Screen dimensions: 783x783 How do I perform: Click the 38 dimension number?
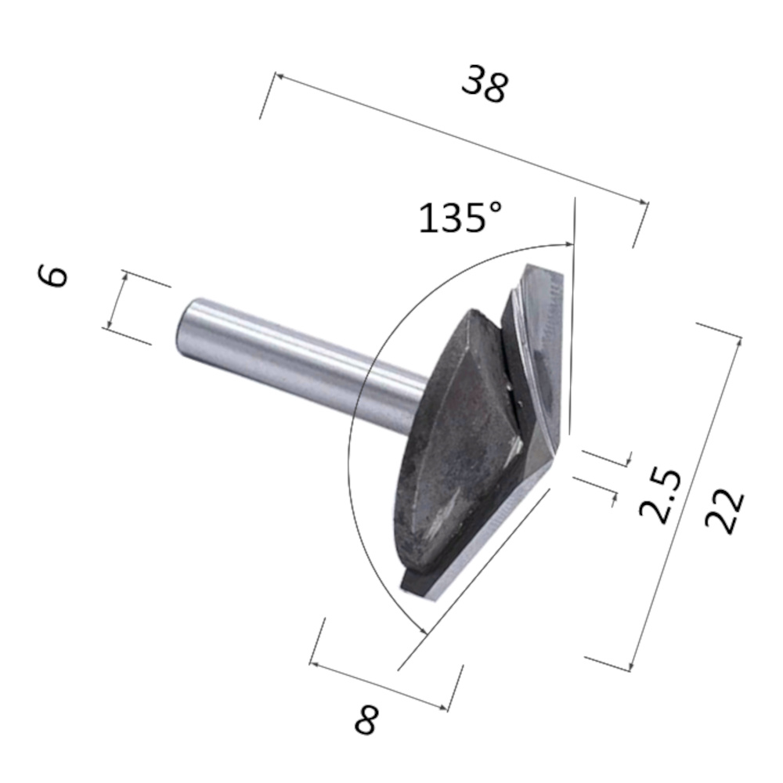(x=485, y=85)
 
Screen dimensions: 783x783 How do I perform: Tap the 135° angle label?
(x=460, y=217)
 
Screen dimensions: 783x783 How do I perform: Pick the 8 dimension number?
(x=366, y=719)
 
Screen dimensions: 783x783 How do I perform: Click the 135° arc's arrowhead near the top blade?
(x=569, y=244)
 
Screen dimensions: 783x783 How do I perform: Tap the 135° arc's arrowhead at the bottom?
(x=424, y=630)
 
